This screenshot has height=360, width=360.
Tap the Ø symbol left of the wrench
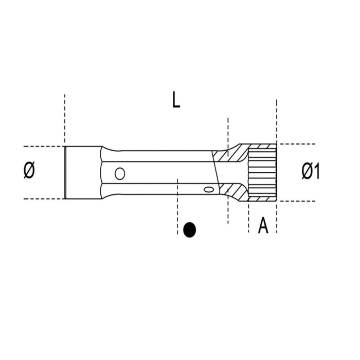point(29,171)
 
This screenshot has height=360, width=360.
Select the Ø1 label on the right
point(310,171)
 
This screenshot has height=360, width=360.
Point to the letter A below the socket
point(263,225)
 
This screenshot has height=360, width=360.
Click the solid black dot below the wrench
point(190,229)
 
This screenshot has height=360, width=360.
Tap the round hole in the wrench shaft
point(120,173)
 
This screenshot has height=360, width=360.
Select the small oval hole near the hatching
point(208,190)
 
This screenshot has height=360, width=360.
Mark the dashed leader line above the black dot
point(177,201)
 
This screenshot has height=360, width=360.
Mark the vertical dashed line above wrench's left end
point(65,118)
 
